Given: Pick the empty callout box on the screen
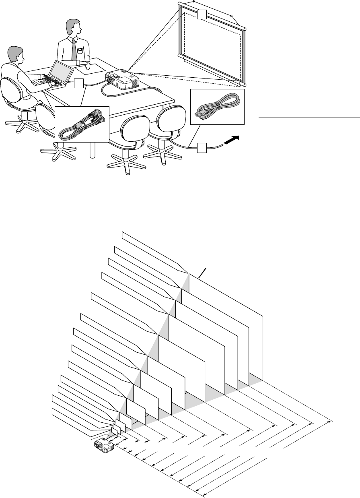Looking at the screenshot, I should [202, 15].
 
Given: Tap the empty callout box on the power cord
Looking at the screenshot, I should [202, 148].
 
